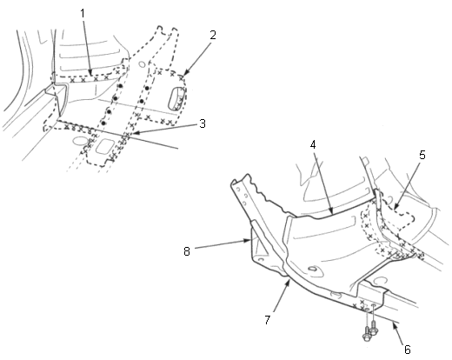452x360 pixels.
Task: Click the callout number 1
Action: coord(83,13)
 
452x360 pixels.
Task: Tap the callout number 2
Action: coord(213,35)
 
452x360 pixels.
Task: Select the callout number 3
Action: coord(203,123)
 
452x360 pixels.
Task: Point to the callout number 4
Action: coord(313,144)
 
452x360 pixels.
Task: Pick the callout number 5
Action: coord(422,155)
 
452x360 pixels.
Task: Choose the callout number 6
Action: coord(407,350)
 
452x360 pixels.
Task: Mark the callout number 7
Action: coord(267,320)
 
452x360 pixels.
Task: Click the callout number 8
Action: coord(187,251)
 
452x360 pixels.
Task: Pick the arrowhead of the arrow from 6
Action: coord(394,323)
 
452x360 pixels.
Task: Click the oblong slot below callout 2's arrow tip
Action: coord(176,98)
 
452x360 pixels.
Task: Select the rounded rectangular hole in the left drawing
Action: coord(105,147)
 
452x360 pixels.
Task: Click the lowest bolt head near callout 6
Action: coord(367,337)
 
